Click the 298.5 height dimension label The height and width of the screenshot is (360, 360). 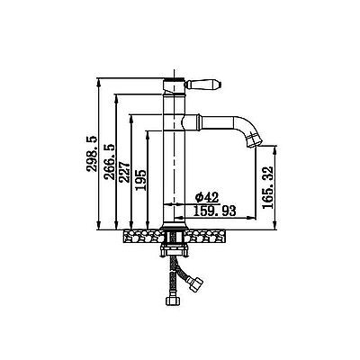[x=92, y=154]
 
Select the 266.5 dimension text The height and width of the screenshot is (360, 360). [x=109, y=162]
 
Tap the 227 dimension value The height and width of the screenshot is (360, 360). [x=124, y=172]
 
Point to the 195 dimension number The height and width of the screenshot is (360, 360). [x=140, y=180]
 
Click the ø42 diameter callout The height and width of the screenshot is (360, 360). [x=207, y=197]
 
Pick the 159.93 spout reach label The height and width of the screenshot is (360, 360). [x=214, y=211]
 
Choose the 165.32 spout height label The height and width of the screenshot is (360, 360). [x=268, y=187]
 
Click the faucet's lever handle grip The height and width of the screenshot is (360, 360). [x=203, y=84]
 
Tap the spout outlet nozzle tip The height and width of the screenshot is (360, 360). [x=254, y=141]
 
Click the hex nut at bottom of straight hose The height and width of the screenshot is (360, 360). [x=173, y=301]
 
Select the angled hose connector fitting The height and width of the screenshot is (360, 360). [x=195, y=283]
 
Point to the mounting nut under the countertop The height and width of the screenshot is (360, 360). [x=175, y=250]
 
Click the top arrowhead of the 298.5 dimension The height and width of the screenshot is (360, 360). [x=99, y=82]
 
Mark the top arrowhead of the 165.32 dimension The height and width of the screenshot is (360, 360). [x=275, y=149]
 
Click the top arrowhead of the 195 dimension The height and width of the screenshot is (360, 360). [x=147, y=134]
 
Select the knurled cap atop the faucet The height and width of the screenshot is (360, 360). [x=175, y=79]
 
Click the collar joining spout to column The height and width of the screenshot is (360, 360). [x=192, y=121]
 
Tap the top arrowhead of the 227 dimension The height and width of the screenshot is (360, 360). [x=130, y=118]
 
